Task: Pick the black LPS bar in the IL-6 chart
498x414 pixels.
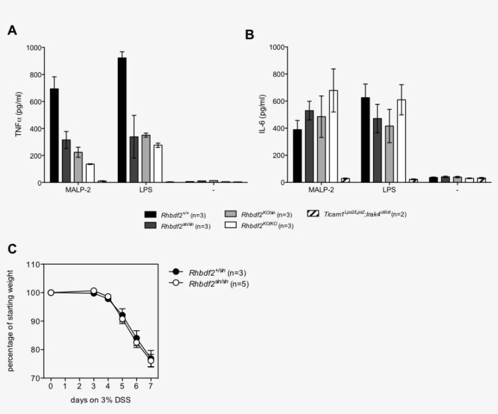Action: (x=366, y=140)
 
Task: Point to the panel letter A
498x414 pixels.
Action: (x=12, y=30)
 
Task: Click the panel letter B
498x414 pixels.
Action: (x=249, y=35)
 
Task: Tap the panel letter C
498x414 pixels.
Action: (x=12, y=249)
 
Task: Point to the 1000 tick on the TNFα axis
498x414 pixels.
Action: (x=34, y=48)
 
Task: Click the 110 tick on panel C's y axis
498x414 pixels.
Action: (x=33, y=265)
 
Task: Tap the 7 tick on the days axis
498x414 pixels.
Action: (x=151, y=385)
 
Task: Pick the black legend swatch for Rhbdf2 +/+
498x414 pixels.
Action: (x=151, y=214)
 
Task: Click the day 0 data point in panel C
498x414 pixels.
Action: (x=51, y=293)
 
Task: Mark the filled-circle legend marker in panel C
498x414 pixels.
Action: (x=177, y=273)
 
